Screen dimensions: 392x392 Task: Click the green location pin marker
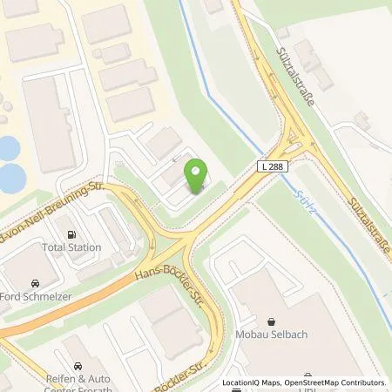pyautogui.click(x=197, y=177)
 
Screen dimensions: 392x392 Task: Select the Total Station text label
pyautogui.click(x=71, y=247)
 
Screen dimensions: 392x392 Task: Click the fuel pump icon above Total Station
pyautogui.click(x=71, y=233)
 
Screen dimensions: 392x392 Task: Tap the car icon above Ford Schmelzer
pyautogui.click(x=34, y=283)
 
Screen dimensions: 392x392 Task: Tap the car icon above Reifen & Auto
pyautogui.click(x=78, y=366)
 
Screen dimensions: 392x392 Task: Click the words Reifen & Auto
pyautogui.click(x=75, y=380)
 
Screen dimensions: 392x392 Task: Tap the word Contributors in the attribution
pyautogui.click(x=361, y=382)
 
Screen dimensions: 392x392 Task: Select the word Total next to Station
pyautogui.click(x=53, y=247)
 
